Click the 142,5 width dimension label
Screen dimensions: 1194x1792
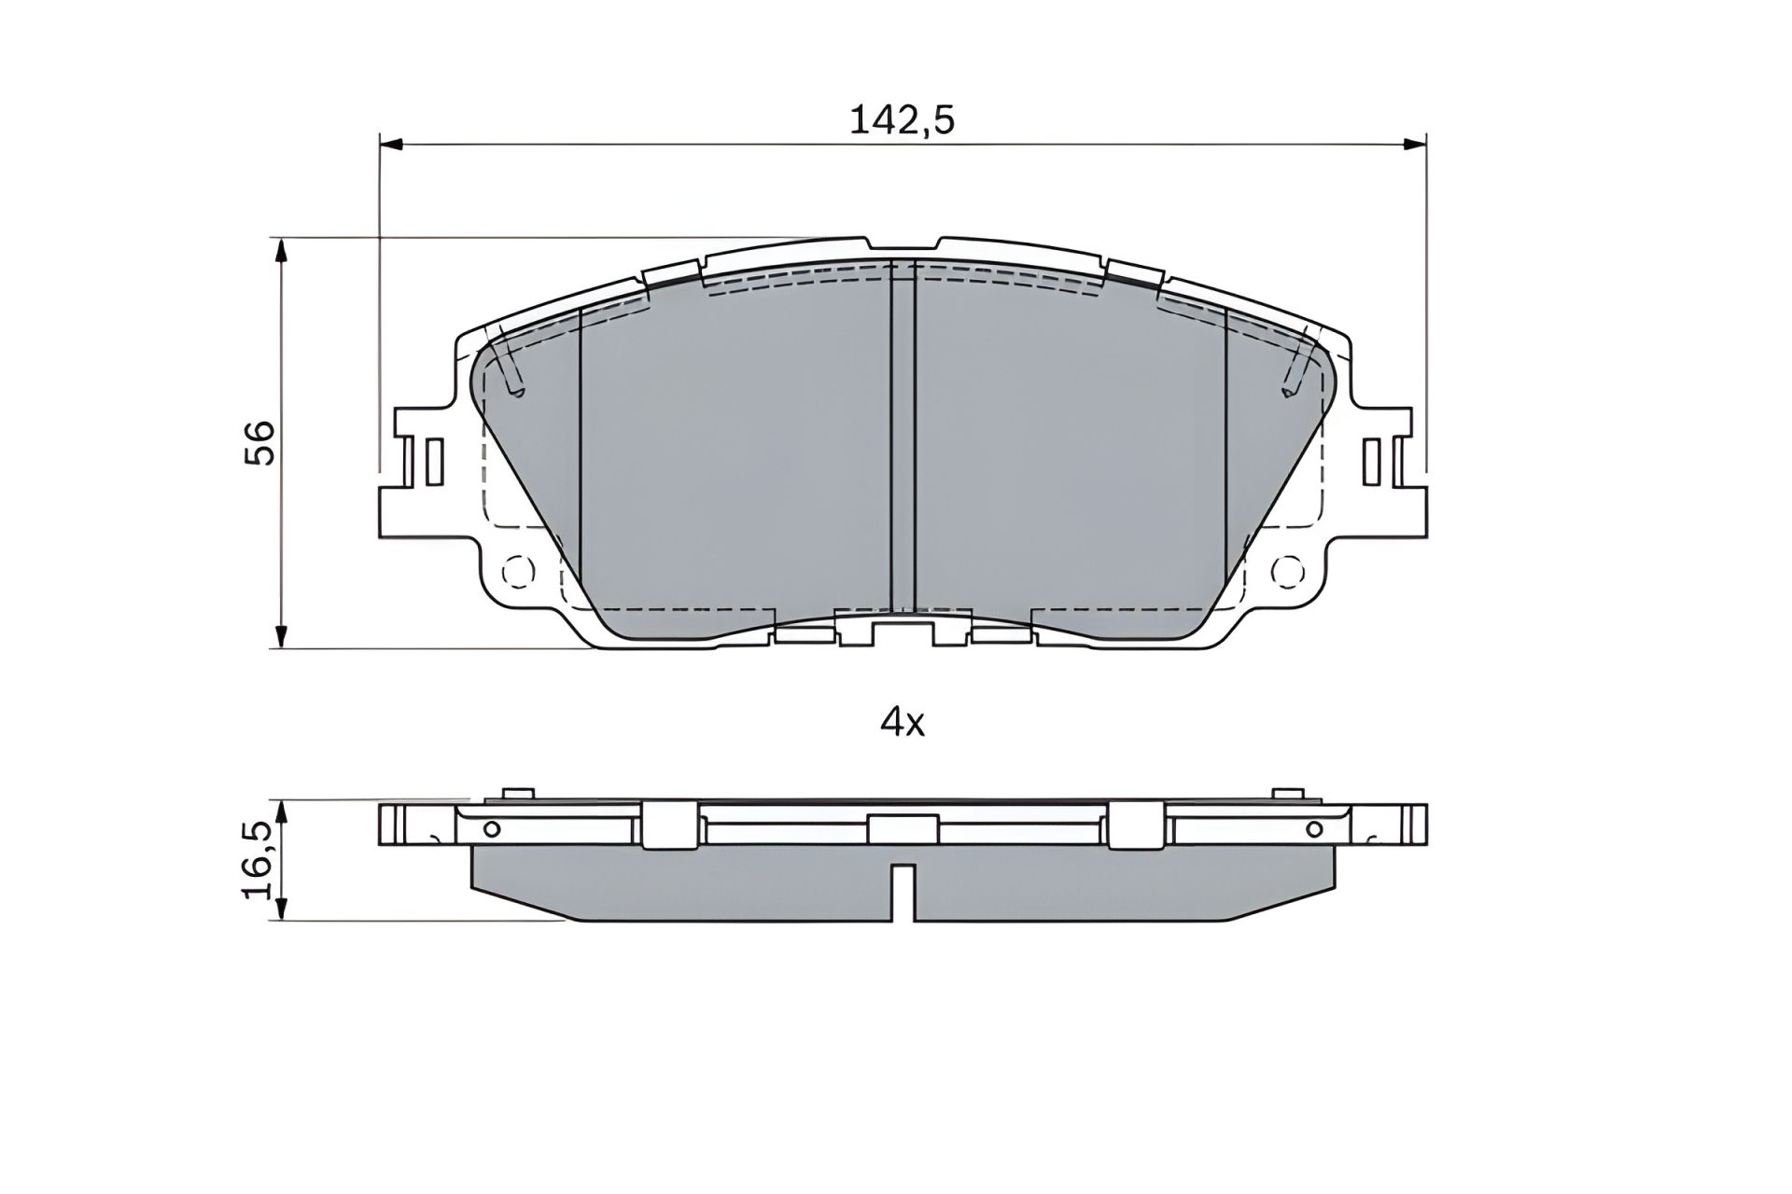(902, 120)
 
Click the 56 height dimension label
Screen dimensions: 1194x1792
(260, 442)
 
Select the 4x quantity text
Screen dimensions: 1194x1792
(903, 723)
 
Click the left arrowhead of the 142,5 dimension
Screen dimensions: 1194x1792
(390, 144)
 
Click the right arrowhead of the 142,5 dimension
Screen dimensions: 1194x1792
(1417, 144)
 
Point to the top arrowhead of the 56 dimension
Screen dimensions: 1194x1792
(281, 247)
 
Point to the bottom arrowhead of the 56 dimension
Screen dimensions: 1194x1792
(281, 638)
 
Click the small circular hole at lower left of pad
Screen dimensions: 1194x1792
(516, 570)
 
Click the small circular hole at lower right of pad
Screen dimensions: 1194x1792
(1288, 569)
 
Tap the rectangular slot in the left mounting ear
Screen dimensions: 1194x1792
(432, 462)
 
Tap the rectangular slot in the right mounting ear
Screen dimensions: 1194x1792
(1371, 462)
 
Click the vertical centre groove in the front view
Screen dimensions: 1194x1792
(903, 438)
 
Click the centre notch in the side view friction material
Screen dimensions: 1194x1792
(903, 891)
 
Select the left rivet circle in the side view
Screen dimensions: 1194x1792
(492, 829)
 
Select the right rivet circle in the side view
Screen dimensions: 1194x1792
(1314, 828)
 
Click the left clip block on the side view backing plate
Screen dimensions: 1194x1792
(669, 825)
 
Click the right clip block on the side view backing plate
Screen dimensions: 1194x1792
(1137, 825)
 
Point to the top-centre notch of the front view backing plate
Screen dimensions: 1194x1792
(903, 245)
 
